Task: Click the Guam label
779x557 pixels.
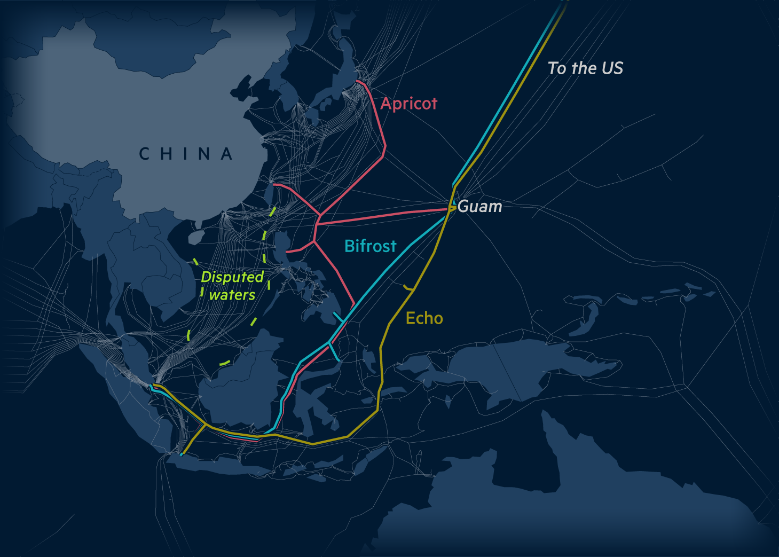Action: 479,207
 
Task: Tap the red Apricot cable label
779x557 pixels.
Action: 408,103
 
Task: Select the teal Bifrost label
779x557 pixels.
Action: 370,246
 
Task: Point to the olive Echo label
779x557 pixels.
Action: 424,318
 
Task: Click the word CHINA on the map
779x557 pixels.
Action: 186,154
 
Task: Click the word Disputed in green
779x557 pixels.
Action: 232,277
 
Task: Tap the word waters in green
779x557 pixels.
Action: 232,295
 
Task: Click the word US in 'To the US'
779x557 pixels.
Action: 612,68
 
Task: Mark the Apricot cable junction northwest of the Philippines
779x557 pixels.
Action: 319,216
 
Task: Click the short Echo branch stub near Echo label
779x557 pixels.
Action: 408,288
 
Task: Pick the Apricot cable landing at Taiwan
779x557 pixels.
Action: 274,185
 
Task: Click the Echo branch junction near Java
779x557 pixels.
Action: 207,425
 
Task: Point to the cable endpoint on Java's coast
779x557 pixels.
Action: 181,455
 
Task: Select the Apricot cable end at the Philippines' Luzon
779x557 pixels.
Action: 287,251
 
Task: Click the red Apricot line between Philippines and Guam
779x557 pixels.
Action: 384,216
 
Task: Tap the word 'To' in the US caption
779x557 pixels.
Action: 557,68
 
